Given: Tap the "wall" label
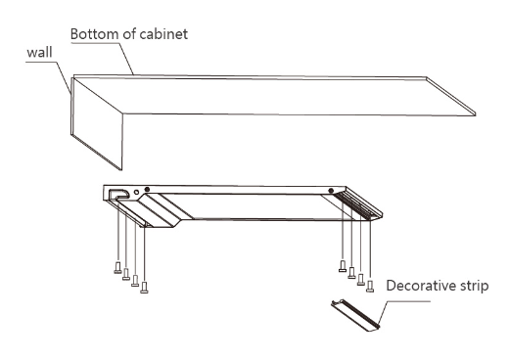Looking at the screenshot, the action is pos(39,52).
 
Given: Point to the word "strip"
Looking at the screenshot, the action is pos(475,287).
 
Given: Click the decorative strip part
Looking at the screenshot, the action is pos(355,315).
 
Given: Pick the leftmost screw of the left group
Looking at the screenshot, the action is pos(117,268).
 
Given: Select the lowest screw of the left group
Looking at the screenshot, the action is pos(144,288).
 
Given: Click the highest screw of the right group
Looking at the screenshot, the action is pos(343,266).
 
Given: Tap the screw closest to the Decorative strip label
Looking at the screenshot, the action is pos(370,286).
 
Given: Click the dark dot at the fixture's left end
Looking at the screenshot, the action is pos(147,189).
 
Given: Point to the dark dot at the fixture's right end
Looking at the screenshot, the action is pos(331,191).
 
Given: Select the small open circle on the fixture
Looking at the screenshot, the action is pos(136,193).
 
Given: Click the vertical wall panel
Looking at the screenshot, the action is pos(97,123).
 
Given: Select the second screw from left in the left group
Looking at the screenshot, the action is pos(126,274).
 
